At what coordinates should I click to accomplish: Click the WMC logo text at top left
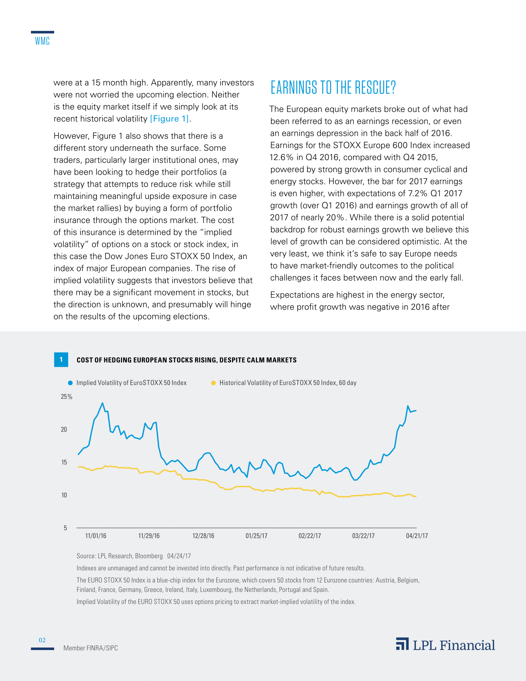point(42,41)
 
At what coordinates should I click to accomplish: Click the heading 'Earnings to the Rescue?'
point(333,87)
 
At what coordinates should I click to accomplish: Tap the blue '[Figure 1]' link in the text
point(170,119)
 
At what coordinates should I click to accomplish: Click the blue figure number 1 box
point(61,359)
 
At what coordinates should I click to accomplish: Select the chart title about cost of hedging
point(186,360)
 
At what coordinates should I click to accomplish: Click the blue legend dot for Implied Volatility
point(71,383)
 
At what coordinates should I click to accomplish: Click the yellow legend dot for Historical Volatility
point(213,383)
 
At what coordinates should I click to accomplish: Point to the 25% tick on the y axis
point(67,397)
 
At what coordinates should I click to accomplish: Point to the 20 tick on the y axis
point(64,429)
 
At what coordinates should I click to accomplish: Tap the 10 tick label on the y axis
point(64,495)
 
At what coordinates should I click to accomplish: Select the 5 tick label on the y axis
point(65,528)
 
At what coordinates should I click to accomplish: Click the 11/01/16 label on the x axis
point(96,536)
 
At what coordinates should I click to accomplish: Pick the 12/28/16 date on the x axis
point(203,536)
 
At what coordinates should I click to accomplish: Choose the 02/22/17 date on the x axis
point(309,536)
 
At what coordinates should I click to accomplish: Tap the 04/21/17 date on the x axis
point(417,536)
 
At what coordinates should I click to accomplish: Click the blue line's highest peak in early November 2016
point(102,403)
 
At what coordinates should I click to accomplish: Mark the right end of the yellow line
point(416,497)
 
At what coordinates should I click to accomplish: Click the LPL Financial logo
point(445,645)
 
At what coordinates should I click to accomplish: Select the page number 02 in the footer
point(42,640)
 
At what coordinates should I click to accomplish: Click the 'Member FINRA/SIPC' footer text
point(90,648)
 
